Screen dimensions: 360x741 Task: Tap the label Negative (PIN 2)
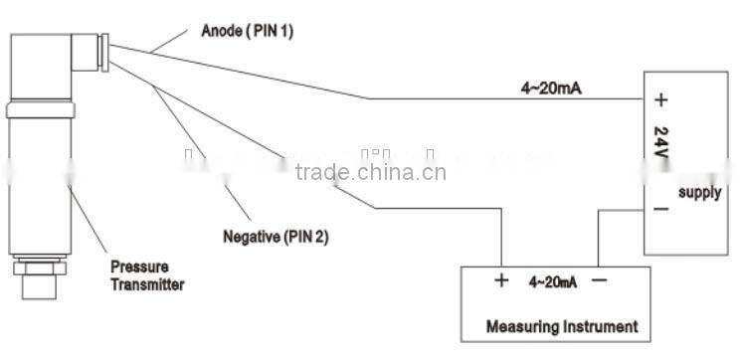pos(276,238)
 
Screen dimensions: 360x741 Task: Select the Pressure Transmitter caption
pos(147,275)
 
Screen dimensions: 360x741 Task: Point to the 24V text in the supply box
pos(660,143)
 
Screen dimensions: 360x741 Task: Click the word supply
pos(699,193)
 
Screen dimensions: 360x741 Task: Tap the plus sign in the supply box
pos(660,100)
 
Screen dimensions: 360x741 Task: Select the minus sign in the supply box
pos(659,211)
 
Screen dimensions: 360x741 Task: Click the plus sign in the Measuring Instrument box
pos(501,280)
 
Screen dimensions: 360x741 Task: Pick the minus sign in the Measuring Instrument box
pos(599,280)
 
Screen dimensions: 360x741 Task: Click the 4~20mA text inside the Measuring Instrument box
pos(550,281)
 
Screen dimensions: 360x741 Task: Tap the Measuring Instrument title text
pos(561,326)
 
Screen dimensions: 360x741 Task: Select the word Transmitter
pos(147,284)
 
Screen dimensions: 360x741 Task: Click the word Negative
pos(252,238)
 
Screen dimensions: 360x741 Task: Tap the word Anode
pos(221,31)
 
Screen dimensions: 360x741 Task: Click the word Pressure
pos(138,268)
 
